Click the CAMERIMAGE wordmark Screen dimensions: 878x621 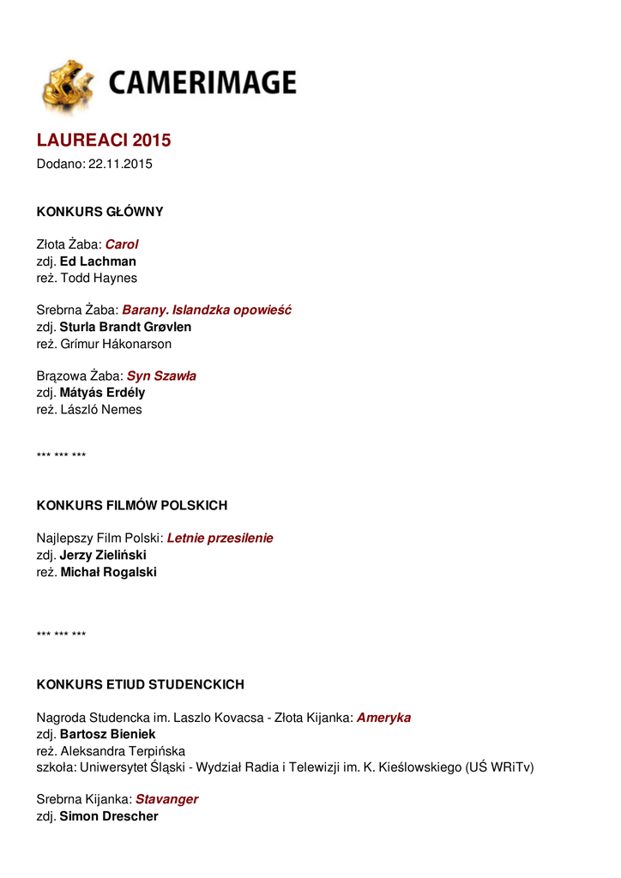[x=202, y=83]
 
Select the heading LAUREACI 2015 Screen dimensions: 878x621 [x=104, y=140]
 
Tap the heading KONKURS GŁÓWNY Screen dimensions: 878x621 [x=99, y=212]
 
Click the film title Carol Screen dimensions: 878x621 [x=122, y=244]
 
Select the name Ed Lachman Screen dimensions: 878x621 [x=98, y=262]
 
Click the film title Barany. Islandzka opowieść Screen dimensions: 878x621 [x=207, y=310]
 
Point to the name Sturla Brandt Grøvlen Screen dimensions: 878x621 [x=125, y=327]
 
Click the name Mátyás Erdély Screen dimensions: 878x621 [x=102, y=393]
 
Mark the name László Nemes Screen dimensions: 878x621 [x=101, y=409]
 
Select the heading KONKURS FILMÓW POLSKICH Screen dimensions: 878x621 [x=131, y=506]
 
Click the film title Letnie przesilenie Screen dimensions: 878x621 [x=220, y=538]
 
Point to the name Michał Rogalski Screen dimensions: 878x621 [x=108, y=572]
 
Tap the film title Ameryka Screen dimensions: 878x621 [x=383, y=718]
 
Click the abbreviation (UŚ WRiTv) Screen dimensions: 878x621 [x=499, y=767]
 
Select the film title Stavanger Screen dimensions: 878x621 [x=166, y=799]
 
